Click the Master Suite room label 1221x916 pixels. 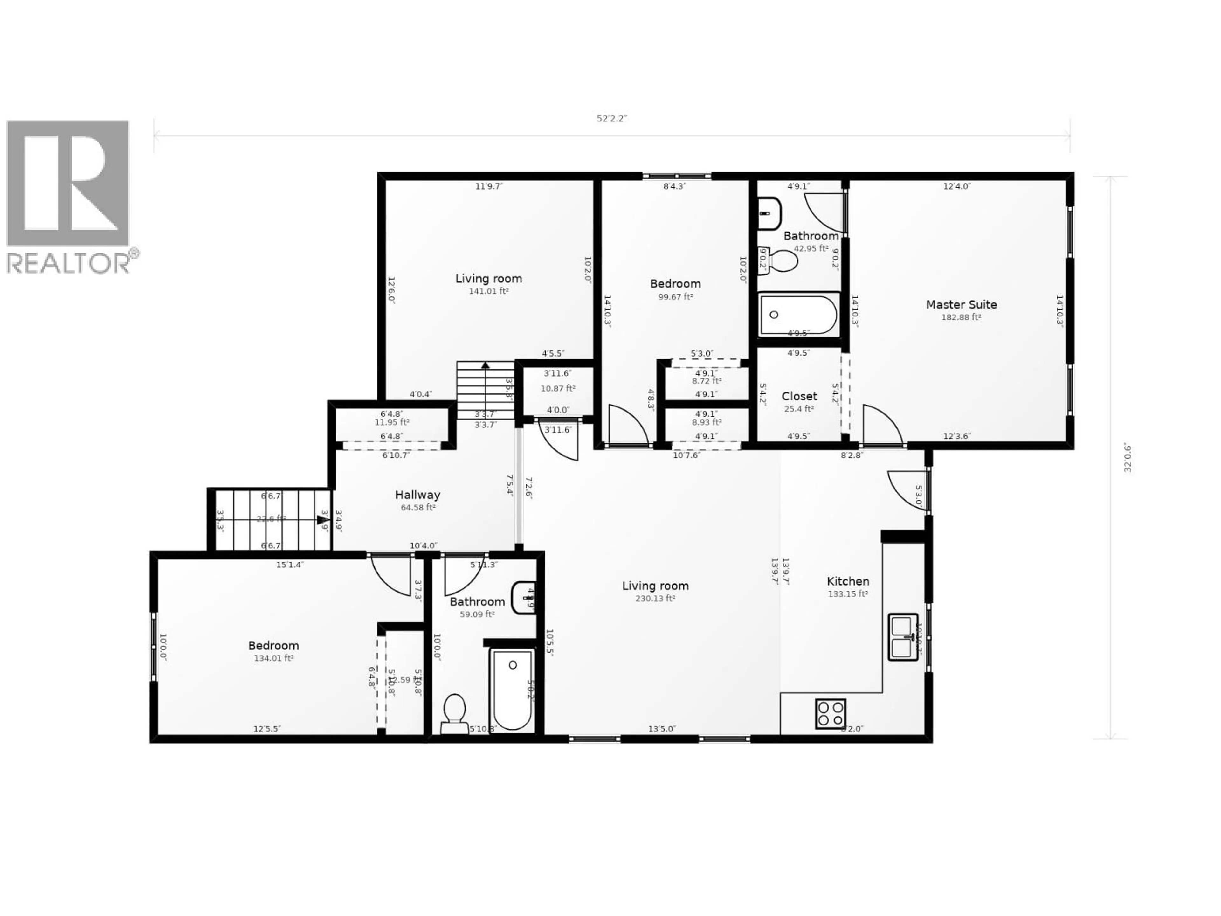pos(961,304)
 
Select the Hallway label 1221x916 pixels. pos(417,495)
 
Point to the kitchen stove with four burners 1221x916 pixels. pos(830,713)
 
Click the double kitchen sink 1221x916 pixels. pos(903,637)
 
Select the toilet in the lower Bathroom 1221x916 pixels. pos(454,712)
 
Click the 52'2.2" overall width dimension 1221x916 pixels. pos(611,119)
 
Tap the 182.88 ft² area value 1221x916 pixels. pos(961,317)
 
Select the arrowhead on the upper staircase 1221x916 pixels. pos(485,365)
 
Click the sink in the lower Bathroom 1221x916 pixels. pos(522,597)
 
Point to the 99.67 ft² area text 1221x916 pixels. pos(675,296)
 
